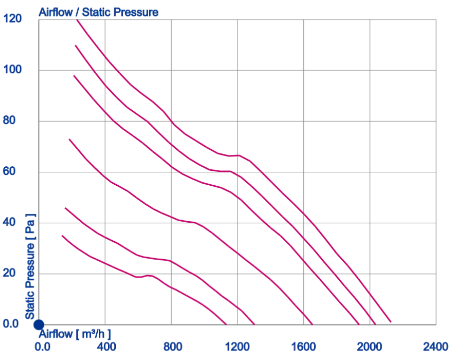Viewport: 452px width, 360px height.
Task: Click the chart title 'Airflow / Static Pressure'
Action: pyautogui.click(x=99, y=12)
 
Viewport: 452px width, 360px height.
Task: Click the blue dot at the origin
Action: pyautogui.click(x=39, y=325)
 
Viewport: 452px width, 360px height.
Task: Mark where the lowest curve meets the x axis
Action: pyautogui.click(x=226, y=324)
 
